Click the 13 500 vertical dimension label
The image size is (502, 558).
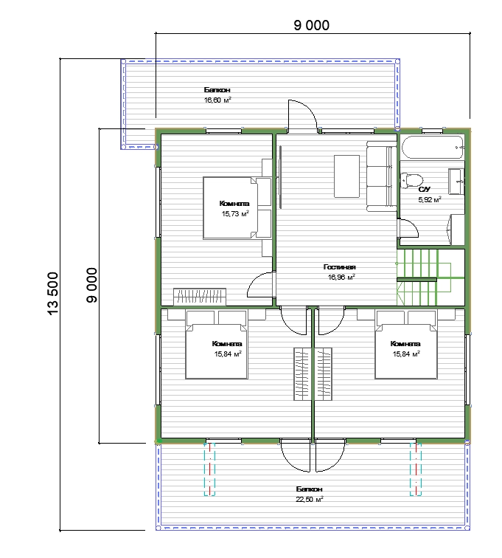[52, 294]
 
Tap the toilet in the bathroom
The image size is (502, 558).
[411, 180]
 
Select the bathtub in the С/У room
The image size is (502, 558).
[433, 147]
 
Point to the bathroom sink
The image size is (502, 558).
[456, 182]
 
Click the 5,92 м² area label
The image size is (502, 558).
[430, 199]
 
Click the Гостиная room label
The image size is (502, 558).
[340, 267]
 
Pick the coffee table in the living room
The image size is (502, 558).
[346, 176]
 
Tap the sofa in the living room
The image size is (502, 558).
[382, 176]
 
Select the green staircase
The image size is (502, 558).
[430, 278]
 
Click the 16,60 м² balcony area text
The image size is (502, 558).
[217, 100]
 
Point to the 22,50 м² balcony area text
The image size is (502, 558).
[310, 499]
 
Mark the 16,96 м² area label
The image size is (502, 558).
[341, 278]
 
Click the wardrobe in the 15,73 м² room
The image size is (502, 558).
[200, 297]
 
